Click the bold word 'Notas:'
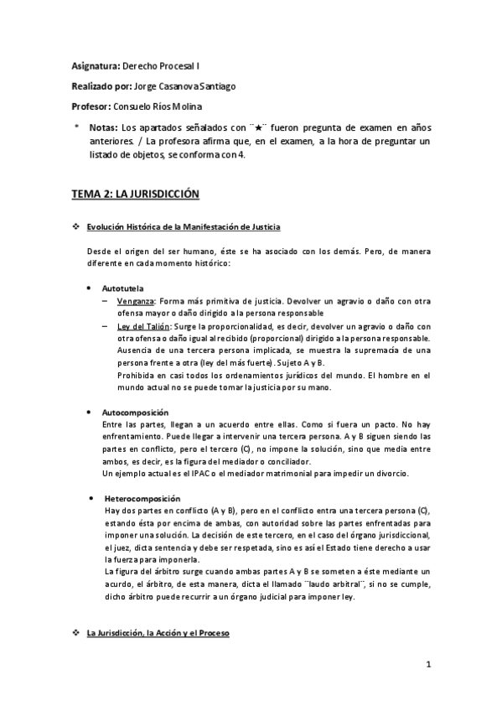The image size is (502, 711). [x=103, y=127]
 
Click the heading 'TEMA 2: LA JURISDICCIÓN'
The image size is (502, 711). [x=135, y=194]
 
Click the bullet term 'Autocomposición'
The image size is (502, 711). [x=135, y=413]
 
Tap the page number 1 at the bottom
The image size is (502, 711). [x=427, y=667]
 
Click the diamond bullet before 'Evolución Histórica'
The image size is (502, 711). [x=76, y=227]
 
